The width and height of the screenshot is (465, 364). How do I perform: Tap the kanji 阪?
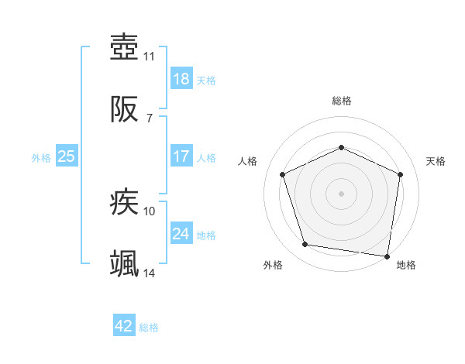click(x=124, y=110)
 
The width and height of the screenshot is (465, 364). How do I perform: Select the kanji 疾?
click(x=124, y=204)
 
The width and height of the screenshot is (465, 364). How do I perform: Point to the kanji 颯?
click(x=124, y=264)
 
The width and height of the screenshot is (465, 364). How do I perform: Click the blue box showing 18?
click(x=181, y=78)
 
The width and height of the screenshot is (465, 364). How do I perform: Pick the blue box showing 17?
click(x=181, y=156)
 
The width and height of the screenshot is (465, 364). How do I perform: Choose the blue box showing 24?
click(x=181, y=233)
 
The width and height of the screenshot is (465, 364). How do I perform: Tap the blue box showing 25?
click(x=66, y=156)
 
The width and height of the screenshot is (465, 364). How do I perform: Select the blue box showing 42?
click(x=124, y=326)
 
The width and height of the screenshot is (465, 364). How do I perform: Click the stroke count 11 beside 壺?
click(x=150, y=56)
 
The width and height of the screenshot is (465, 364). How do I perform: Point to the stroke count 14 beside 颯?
click(x=150, y=273)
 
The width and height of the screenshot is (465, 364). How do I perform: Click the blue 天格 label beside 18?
click(x=206, y=81)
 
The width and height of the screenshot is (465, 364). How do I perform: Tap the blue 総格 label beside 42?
click(x=149, y=328)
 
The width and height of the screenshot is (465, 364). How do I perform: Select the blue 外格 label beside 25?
click(x=41, y=158)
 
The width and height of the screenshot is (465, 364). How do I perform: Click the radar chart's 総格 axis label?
click(x=341, y=101)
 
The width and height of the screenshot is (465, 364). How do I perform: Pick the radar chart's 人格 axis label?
click(x=248, y=161)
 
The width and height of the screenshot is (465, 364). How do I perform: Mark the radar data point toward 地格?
click(x=387, y=256)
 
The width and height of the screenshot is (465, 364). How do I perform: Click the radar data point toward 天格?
click(x=401, y=173)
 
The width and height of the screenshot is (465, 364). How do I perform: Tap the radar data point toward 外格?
click(x=305, y=245)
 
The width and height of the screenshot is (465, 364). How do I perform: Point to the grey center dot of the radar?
click(x=341, y=193)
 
